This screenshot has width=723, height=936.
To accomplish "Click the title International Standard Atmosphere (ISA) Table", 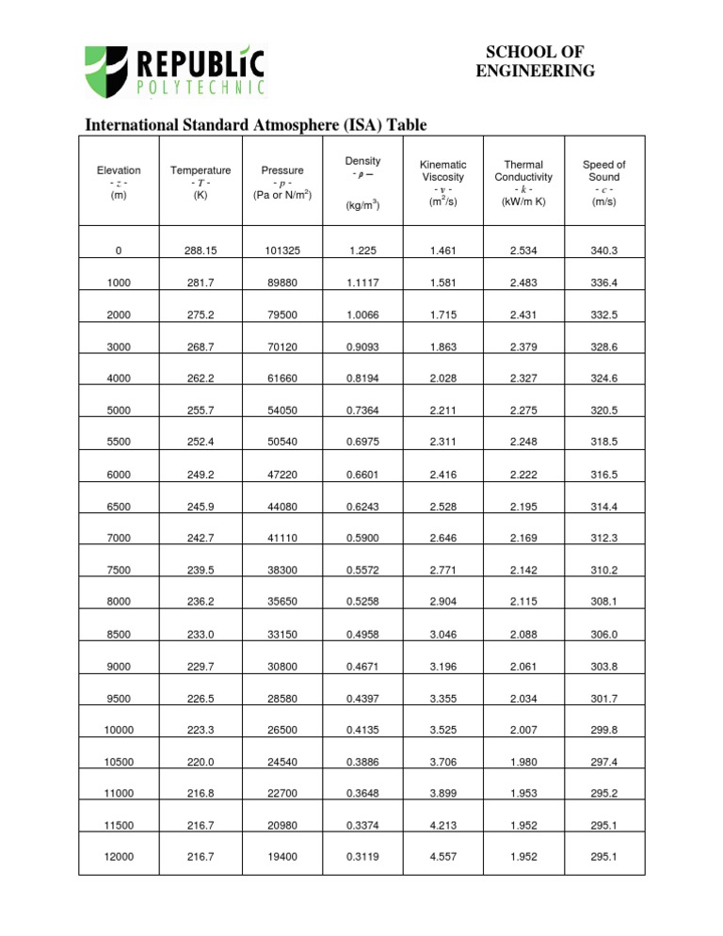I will pos(257,125).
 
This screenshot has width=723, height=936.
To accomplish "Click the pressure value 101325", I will pos(281,250).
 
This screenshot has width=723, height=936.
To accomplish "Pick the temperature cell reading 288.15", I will pos(200,250).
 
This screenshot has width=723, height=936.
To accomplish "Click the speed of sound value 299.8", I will pos(603,730).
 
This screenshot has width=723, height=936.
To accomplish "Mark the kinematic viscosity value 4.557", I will pos(442,858).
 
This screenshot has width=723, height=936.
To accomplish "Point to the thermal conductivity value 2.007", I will pos(523,730).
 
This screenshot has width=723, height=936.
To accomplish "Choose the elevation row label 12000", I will pos(119,858).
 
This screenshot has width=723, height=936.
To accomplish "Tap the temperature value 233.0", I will pos(200,634).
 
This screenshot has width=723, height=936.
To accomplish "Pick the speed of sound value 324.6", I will pos(603,379).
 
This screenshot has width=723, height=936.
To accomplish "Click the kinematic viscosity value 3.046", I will pos(442,634).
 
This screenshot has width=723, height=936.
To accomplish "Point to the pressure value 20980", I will pos(281,826).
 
